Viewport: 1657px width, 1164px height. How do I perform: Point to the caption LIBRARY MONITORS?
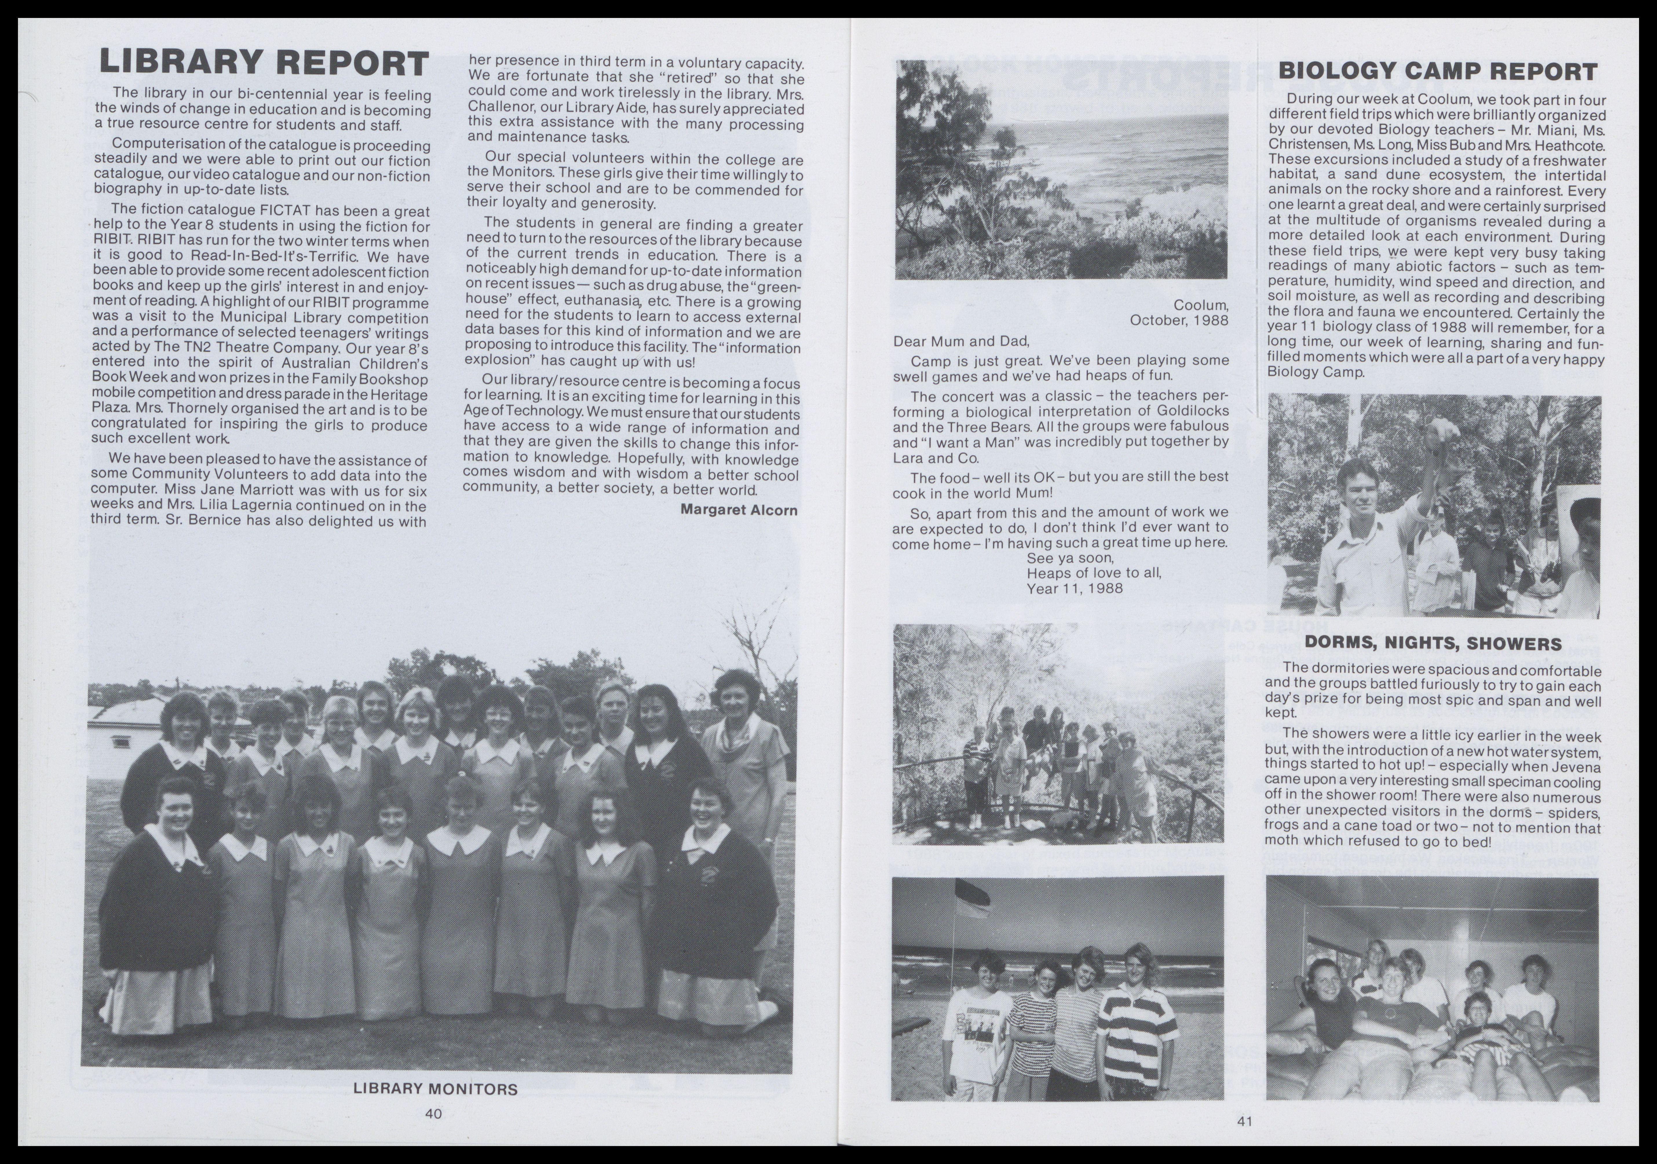tap(435, 1089)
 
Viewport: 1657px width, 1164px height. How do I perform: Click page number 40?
tap(433, 1114)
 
